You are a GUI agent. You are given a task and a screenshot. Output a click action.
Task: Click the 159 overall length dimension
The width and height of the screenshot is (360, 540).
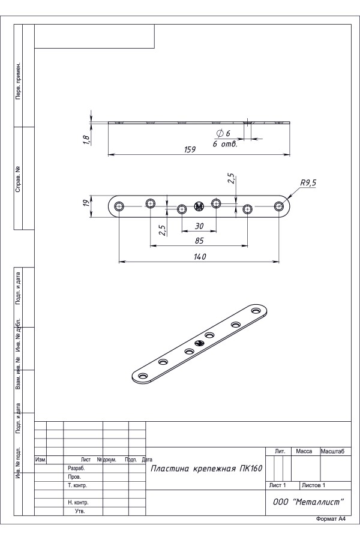click(x=190, y=149)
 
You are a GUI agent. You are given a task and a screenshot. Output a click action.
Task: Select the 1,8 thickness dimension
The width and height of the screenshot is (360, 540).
click(x=86, y=139)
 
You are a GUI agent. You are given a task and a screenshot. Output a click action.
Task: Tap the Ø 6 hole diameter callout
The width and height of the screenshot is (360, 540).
click(x=223, y=133)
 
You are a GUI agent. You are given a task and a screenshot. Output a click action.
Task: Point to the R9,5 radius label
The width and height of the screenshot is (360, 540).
click(x=308, y=183)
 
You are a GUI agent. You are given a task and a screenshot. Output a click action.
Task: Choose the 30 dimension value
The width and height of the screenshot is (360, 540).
click(x=199, y=226)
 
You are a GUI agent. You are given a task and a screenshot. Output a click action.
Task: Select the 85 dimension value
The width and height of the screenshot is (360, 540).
click(x=199, y=241)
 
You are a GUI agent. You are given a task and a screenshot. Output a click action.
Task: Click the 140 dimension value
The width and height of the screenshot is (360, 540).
click(x=200, y=257)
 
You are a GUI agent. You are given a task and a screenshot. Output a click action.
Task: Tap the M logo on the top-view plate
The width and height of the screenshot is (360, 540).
click(x=199, y=206)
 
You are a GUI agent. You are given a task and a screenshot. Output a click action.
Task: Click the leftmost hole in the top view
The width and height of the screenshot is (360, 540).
click(x=119, y=206)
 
